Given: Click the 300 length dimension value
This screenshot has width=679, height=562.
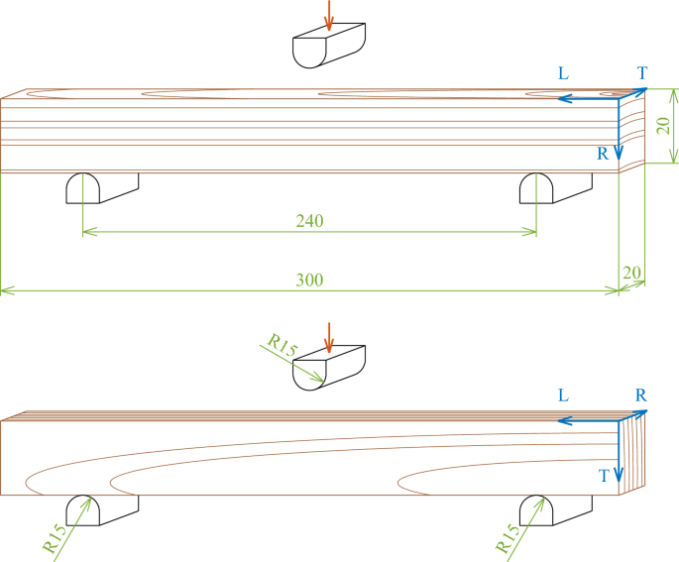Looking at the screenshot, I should pos(309,281).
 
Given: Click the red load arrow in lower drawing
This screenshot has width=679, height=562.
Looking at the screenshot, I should pos(329,335).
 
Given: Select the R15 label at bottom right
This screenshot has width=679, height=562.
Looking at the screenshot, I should pos(508,537).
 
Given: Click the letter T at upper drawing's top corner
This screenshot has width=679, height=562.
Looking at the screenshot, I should pos(642,73).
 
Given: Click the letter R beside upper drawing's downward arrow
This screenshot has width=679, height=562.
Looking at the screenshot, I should pos(603,154).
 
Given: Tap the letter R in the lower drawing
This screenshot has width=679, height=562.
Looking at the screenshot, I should pos(641,395).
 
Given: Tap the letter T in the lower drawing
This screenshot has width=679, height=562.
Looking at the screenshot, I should pos(604,476).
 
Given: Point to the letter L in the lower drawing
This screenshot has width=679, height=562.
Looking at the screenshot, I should pos(563,395).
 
